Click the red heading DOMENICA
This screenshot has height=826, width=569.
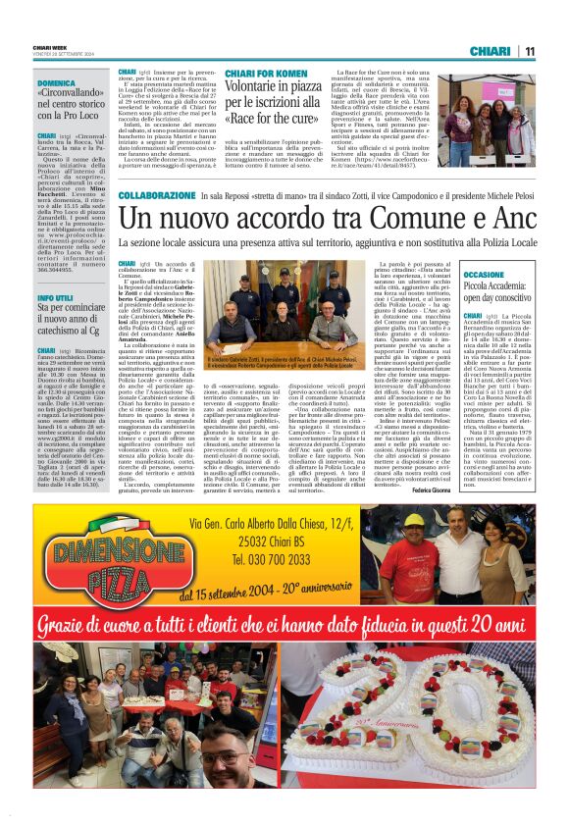pos(57,84)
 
